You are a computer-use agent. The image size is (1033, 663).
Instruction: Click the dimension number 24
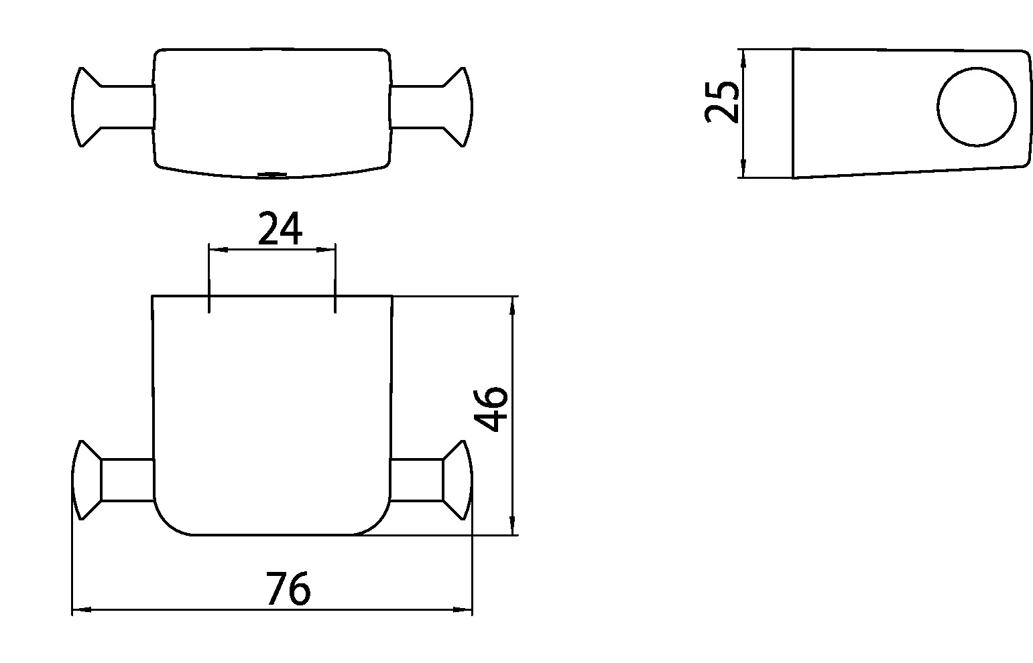click(280, 228)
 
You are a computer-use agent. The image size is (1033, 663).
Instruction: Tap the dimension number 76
click(288, 588)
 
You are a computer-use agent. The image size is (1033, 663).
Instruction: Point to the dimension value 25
click(723, 102)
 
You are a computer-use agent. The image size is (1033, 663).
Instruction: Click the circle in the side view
click(977, 106)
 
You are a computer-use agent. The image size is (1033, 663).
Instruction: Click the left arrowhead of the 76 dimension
click(80, 609)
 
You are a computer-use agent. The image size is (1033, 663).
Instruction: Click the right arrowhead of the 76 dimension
click(464, 609)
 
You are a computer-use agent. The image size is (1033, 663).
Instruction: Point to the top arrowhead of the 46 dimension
click(513, 305)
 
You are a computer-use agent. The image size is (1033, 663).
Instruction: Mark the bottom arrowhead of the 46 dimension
click(513, 526)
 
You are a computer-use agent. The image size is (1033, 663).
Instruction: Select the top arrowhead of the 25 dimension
click(743, 58)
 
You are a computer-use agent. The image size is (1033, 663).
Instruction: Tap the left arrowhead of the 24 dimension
click(218, 250)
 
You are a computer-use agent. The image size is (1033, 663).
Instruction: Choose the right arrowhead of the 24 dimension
click(326, 250)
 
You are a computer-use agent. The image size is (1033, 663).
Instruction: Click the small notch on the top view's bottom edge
click(271, 175)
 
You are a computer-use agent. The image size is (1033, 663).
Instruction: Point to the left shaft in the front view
click(127, 480)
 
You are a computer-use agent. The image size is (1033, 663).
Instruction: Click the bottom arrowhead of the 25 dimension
click(743, 169)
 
